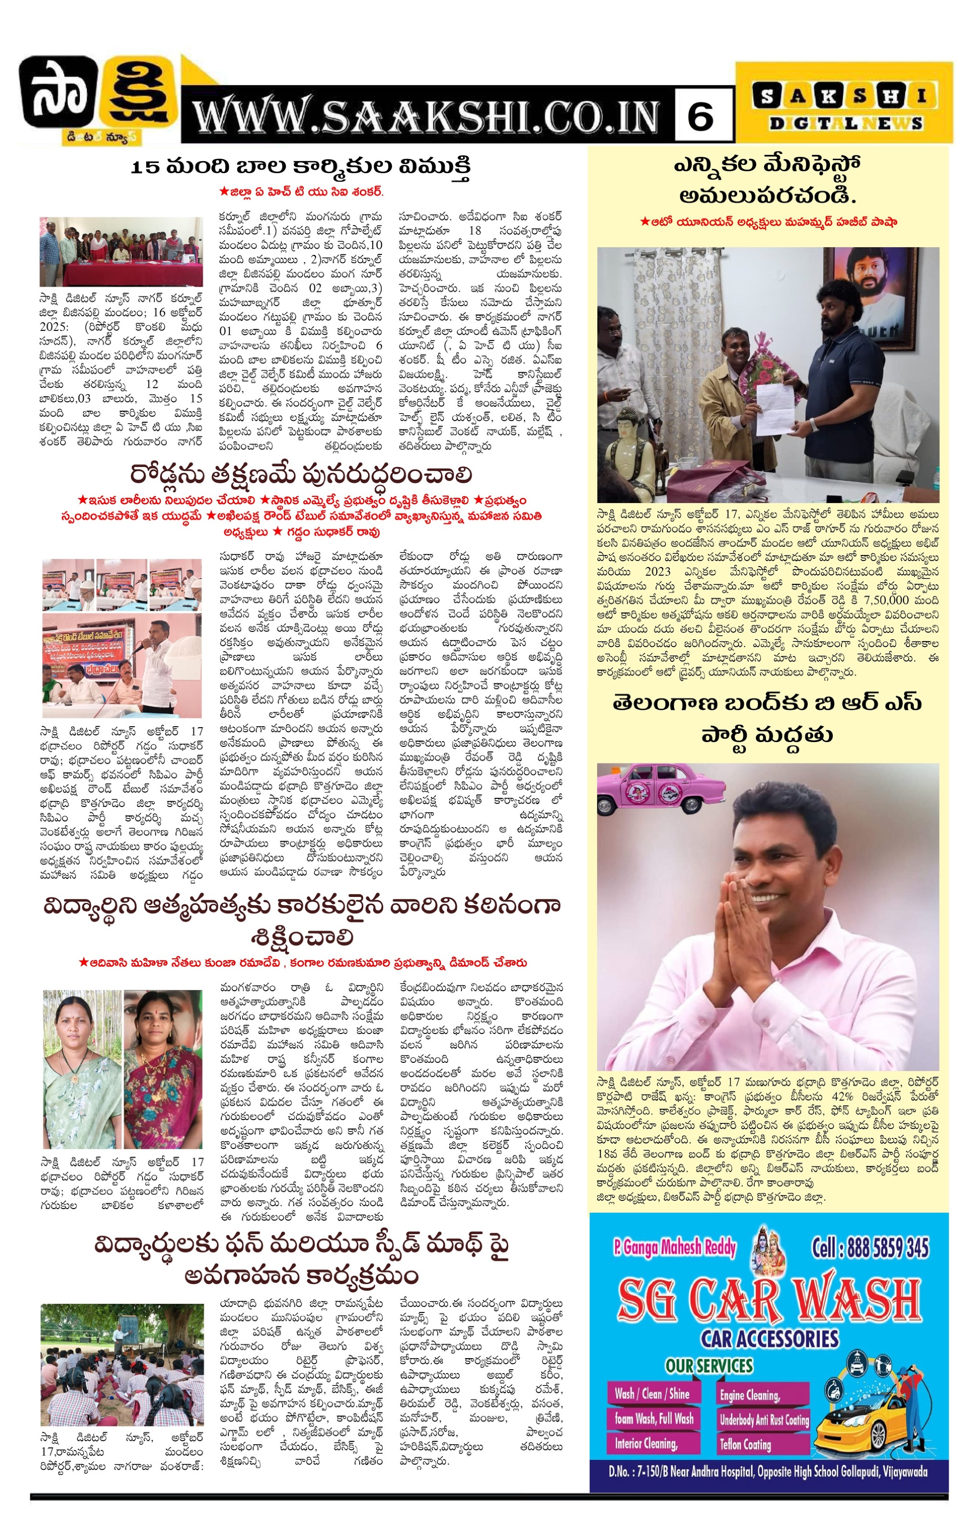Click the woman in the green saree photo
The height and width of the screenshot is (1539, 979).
point(82,1067)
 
